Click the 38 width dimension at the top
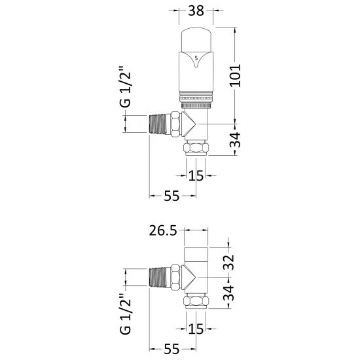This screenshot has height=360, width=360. (x=196, y=10)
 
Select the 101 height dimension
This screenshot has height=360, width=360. (x=236, y=76)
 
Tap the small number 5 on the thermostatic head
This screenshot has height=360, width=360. (x=196, y=58)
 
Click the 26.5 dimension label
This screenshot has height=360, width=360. (x=163, y=230)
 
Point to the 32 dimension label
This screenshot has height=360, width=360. (x=228, y=262)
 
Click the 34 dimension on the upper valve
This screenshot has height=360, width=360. (x=235, y=140)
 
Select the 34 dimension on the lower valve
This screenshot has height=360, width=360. (x=228, y=293)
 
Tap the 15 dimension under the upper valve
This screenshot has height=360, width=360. (x=196, y=175)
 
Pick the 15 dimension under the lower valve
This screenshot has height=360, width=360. (x=196, y=329)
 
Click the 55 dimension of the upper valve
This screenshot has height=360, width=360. (x=171, y=196)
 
